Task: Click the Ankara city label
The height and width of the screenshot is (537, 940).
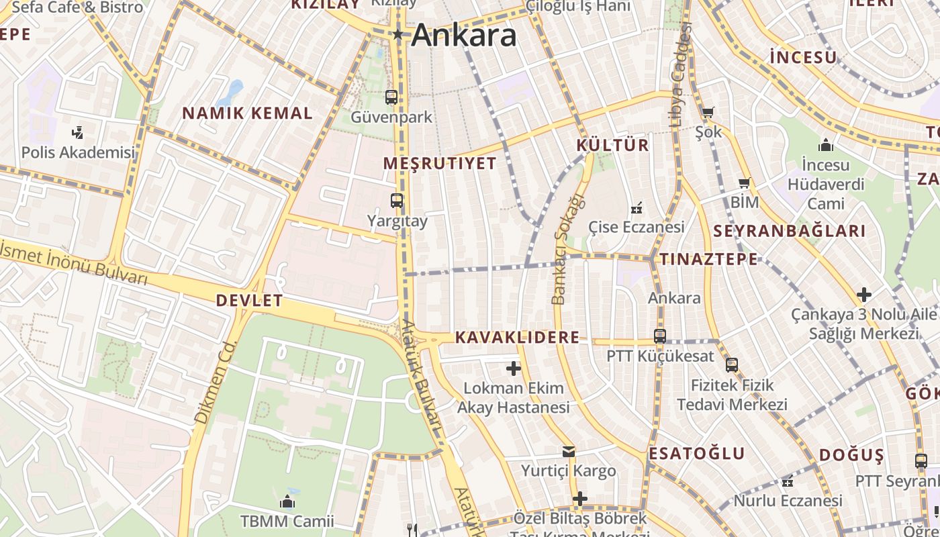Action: click(x=464, y=35)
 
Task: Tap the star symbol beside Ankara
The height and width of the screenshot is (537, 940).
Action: click(x=398, y=34)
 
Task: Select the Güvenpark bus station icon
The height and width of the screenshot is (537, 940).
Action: click(x=391, y=97)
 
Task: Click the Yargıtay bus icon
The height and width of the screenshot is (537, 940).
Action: click(x=397, y=200)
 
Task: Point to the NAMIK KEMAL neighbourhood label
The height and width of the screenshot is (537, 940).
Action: click(x=248, y=113)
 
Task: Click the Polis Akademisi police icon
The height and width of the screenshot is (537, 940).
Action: click(x=79, y=132)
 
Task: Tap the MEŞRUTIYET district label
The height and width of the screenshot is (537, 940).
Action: click(x=440, y=163)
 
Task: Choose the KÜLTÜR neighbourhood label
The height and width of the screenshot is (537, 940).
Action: click(x=612, y=145)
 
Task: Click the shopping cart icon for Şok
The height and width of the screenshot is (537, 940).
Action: click(x=708, y=112)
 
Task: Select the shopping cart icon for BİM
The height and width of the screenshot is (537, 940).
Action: click(x=744, y=183)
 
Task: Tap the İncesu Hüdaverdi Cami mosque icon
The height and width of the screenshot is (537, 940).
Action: click(x=825, y=144)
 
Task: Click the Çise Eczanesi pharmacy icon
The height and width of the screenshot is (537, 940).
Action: click(x=636, y=207)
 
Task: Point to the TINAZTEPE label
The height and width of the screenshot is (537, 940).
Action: click(x=708, y=259)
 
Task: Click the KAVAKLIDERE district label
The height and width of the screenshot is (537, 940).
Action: click(x=517, y=337)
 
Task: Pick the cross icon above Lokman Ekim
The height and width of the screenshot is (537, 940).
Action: click(x=514, y=368)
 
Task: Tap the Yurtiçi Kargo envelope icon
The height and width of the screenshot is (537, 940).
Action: click(x=569, y=452)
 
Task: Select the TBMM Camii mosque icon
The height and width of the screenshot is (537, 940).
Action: click(x=287, y=501)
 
